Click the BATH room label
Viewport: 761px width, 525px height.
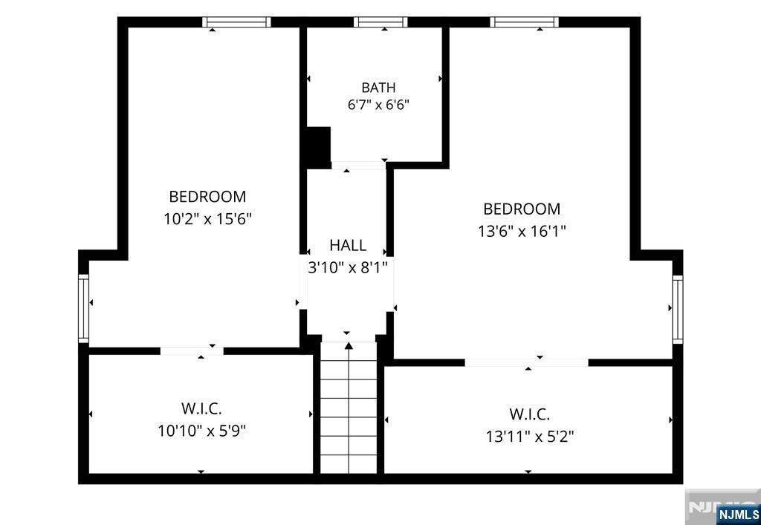(x=378, y=88)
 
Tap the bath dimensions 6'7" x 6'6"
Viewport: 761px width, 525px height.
(x=378, y=105)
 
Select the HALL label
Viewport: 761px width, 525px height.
(x=348, y=245)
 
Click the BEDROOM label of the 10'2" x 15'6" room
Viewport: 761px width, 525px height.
(x=207, y=197)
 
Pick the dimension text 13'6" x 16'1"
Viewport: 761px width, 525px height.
(x=522, y=231)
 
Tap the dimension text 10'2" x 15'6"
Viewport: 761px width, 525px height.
(x=207, y=219)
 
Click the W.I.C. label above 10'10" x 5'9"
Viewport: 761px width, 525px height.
(x=201, y=408)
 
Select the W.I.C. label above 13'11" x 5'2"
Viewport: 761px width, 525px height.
(x=529, y=415)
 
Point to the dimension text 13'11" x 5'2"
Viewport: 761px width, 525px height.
(x=530, y=437)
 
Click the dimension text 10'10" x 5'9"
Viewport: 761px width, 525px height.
(x=202, y=431)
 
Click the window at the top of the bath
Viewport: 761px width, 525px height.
(x=380, y=22)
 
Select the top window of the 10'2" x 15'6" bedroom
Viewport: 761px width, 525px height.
(x=236, y=22)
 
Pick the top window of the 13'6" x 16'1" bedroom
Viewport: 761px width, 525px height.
(x=524, y=22)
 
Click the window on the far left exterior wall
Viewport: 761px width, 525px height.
(x=83, y=309)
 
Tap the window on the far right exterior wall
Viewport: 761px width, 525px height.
(x=678, y=310)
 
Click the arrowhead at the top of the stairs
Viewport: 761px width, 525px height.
(x=349, y=345)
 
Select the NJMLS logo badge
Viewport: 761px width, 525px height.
(x=738, y=513)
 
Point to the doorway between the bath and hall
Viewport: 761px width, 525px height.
(x=358, y=166)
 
